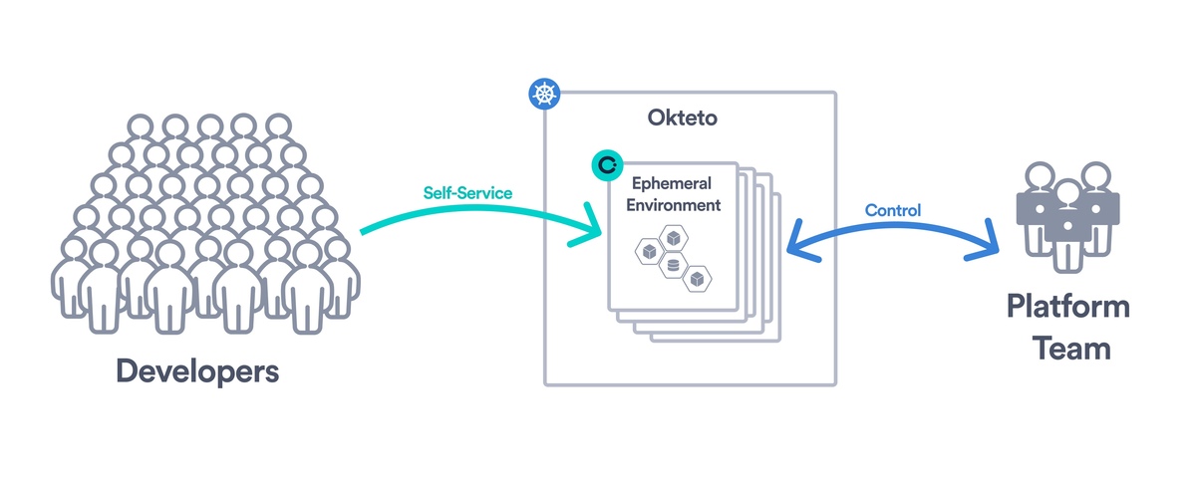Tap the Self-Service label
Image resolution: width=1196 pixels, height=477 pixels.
[467, 192]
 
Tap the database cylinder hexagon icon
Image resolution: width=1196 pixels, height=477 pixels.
[672, 267]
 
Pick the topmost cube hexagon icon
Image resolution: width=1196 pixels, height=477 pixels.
[674, 238]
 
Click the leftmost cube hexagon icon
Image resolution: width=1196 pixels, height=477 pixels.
[648, 252]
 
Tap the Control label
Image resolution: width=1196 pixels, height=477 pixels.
[892, 211]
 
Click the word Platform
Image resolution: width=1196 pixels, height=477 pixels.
[1067, 306]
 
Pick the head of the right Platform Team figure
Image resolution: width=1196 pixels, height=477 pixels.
[1095, 174]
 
